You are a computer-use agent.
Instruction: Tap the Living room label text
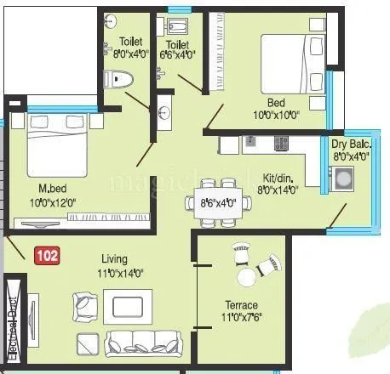(x=115, y=258)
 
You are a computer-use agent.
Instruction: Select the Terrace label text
(x=241, y=304)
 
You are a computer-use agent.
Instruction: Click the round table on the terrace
(x=247, y=276)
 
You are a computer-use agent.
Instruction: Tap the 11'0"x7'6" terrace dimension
(x=241, y=318)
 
